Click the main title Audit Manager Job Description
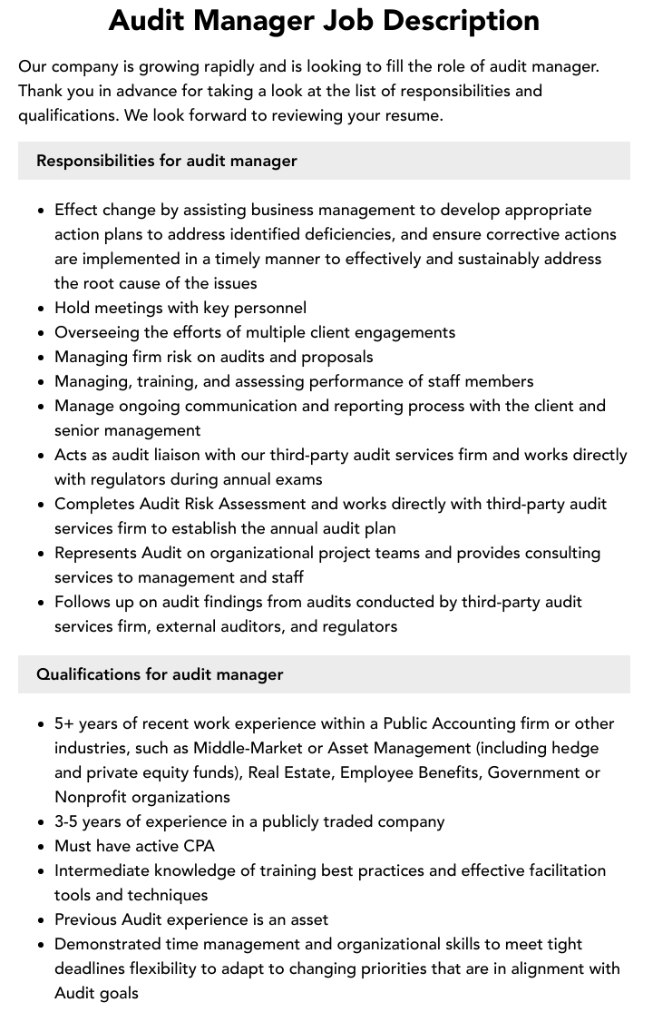(x=324, y=20)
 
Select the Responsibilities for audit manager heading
(x=167, y=161)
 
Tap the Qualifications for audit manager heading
(x=160, y=674)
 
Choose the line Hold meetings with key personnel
(x=180, y=308)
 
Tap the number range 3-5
(x=69, y=821)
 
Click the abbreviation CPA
(x=198, y=846)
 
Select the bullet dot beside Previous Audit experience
(x=42, y=919)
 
